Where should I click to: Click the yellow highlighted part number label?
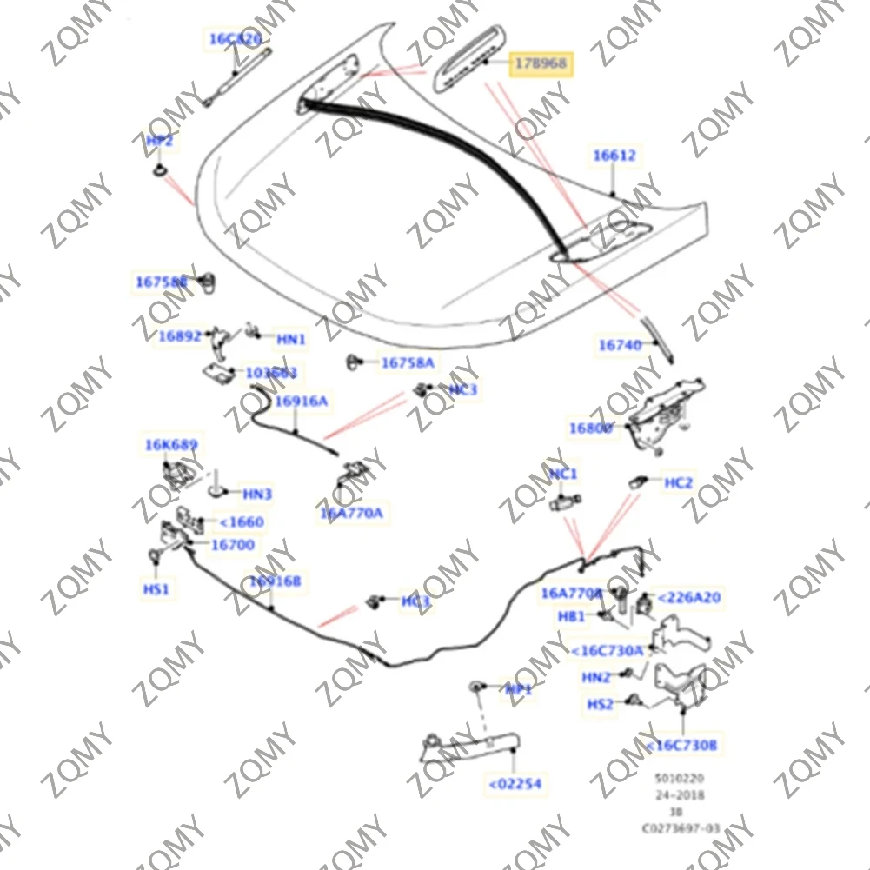[x=541, y=63]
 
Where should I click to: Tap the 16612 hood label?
[x=614, y=156]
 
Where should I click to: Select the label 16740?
[x=619, y=345]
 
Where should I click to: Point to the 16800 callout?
[x=591, y=428]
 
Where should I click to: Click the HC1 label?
[x=563, y=474]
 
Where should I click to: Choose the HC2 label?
[x=678, y=482]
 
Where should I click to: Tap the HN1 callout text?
[x=291, y=339]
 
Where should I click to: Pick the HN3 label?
[x=257, y=495]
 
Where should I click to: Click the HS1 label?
[x=156, y=589]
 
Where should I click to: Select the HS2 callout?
[x=600, y=704]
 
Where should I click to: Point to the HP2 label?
[x=159, y=141]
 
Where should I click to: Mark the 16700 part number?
[x=233, y=545]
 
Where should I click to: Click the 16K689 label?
[x=171, y=445]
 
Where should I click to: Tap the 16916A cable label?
[x=302, y=401]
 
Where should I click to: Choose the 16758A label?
[x=408, y=362]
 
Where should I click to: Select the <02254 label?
[x=515, y=784]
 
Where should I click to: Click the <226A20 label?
[x=689, y=597]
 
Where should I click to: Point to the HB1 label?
[x=571, y=616]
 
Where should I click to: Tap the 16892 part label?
[x=180, y=335]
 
